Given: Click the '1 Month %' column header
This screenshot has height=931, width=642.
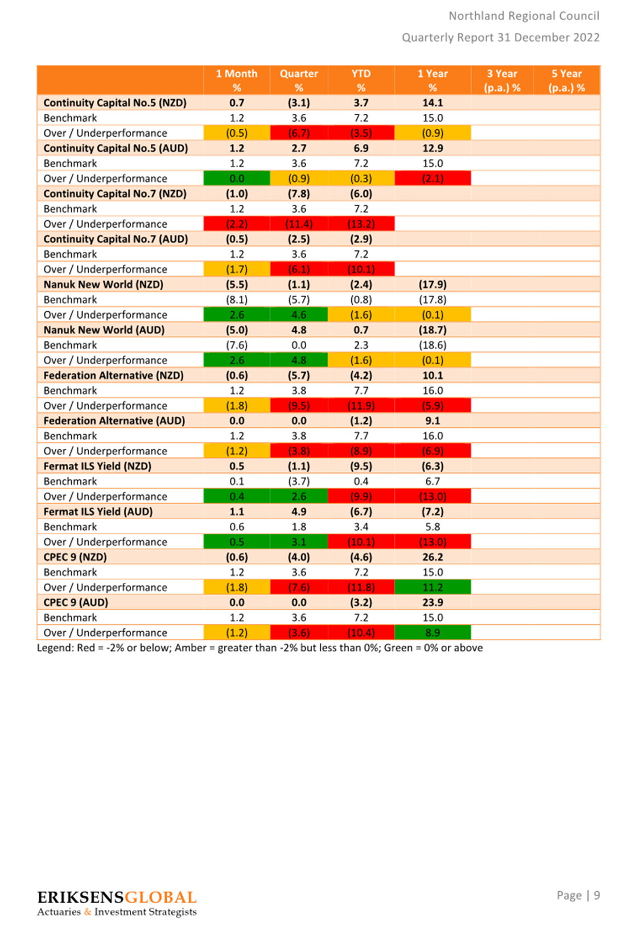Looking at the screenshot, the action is (237, 81).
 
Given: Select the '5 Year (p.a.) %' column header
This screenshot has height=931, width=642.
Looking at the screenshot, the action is (566, 81).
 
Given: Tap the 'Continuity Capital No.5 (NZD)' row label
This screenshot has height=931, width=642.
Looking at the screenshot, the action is (115, 102).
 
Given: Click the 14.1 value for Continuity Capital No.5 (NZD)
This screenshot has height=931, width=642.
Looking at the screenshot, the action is (433, 102).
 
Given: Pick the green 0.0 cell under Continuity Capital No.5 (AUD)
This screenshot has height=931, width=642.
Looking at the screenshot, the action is (237, 178).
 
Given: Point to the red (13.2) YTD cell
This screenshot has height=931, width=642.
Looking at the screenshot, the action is (361, 224).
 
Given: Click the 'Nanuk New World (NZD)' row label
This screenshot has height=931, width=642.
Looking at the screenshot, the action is (103, 285).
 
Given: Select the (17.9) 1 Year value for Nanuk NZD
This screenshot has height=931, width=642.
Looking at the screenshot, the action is (433, 285).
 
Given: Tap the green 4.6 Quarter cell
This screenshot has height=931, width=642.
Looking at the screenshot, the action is (299, 315).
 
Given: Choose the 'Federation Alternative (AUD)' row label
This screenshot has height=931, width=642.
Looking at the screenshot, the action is (114, 421).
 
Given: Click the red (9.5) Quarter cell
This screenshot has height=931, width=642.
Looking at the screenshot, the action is (299, 405).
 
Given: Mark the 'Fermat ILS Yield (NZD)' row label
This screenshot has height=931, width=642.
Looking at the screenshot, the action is (97, 466).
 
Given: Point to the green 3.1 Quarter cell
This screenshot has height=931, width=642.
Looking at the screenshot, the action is (299, 542).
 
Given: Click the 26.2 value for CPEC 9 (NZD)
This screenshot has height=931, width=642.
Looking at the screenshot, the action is (433, 557).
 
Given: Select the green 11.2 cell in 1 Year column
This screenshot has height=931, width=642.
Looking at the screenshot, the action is (433, 587).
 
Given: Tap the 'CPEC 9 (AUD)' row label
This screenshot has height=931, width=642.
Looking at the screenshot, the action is (76, 602).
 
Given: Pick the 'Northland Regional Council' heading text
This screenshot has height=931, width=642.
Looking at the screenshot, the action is (524, 16).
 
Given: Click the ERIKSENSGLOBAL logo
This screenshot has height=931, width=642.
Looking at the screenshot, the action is (117, 903).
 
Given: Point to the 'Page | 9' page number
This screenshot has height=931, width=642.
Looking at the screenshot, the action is (578, 895).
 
